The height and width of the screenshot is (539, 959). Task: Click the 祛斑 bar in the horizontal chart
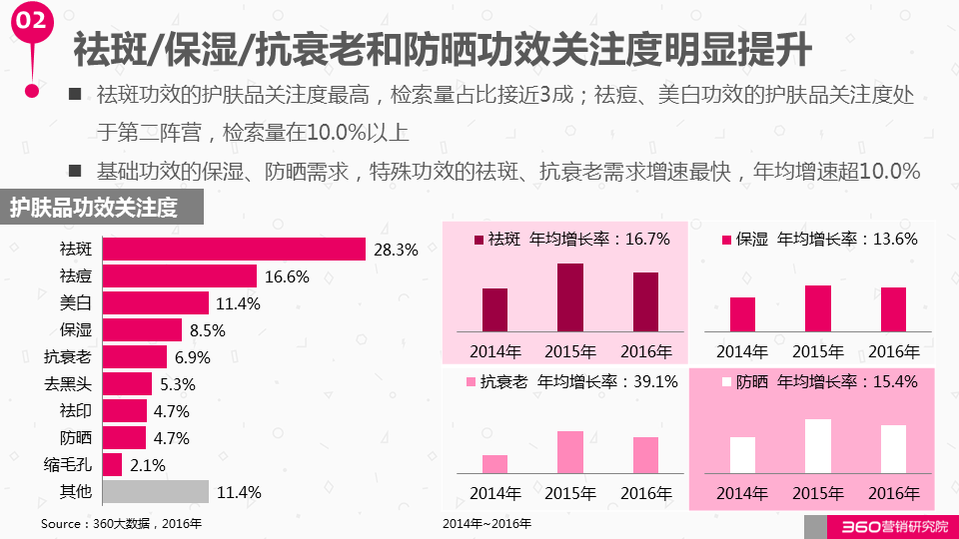pos(234,250)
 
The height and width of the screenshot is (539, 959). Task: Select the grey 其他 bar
pos(156,492)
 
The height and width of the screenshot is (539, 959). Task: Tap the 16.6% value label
pos(287,276)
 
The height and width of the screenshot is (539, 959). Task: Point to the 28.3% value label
pos(396,250)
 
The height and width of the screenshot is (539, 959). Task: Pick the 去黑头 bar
pos(127,384)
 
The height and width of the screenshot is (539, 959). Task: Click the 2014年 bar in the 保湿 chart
pos(742,313)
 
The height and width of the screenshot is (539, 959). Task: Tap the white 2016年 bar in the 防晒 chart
pos(894,449)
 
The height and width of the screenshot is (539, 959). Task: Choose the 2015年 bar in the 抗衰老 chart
pos(570,452)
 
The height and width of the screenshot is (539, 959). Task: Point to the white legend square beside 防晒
pos(726,382)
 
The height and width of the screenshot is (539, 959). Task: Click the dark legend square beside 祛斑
pos(479,240)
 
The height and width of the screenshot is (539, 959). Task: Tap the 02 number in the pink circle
pos(31,21)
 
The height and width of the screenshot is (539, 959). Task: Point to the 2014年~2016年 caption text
pos(487,523)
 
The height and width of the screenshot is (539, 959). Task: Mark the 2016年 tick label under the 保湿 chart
pos(894,351)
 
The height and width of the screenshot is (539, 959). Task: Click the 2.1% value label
pos(147,465)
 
